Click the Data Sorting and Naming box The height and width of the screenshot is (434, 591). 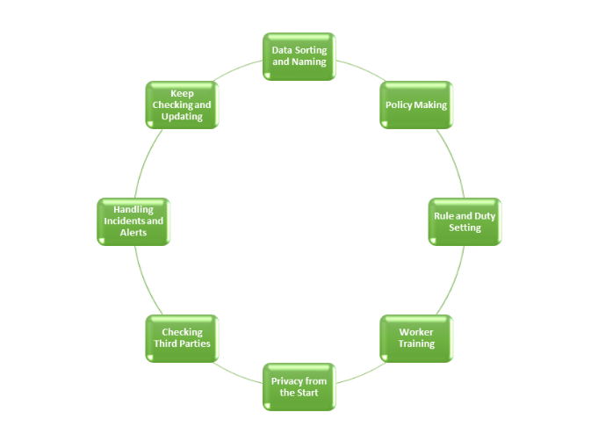pos(299,56)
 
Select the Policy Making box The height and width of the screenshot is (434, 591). pos(415,105)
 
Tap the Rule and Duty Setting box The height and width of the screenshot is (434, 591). pos(465,221)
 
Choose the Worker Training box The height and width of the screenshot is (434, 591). pos(415,338)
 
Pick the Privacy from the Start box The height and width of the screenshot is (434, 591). pos(299,387)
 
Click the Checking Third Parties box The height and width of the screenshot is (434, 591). pos(182,338)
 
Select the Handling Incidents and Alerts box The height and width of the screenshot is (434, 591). pos(133,221)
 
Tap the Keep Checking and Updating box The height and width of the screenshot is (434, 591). pos(182,105)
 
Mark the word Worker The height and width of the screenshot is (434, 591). pos(416,332)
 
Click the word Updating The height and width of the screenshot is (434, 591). pos(182,117)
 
